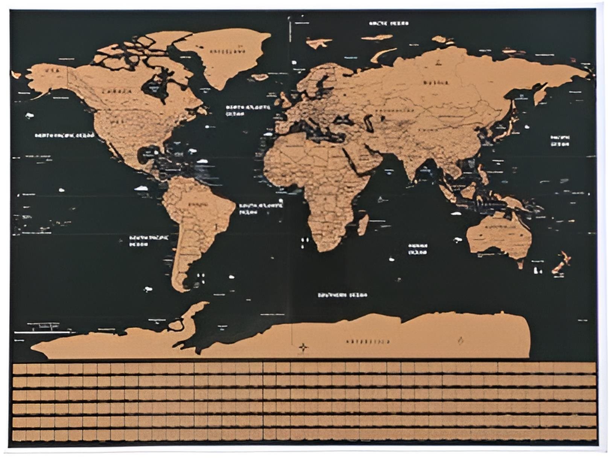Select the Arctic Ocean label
click(389, 23)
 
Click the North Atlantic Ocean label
click(248, 110)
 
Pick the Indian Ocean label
click(418, 249)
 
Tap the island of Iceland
click(260, 77)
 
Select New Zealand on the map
click(561, 262)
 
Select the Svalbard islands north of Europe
click(318, 42)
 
